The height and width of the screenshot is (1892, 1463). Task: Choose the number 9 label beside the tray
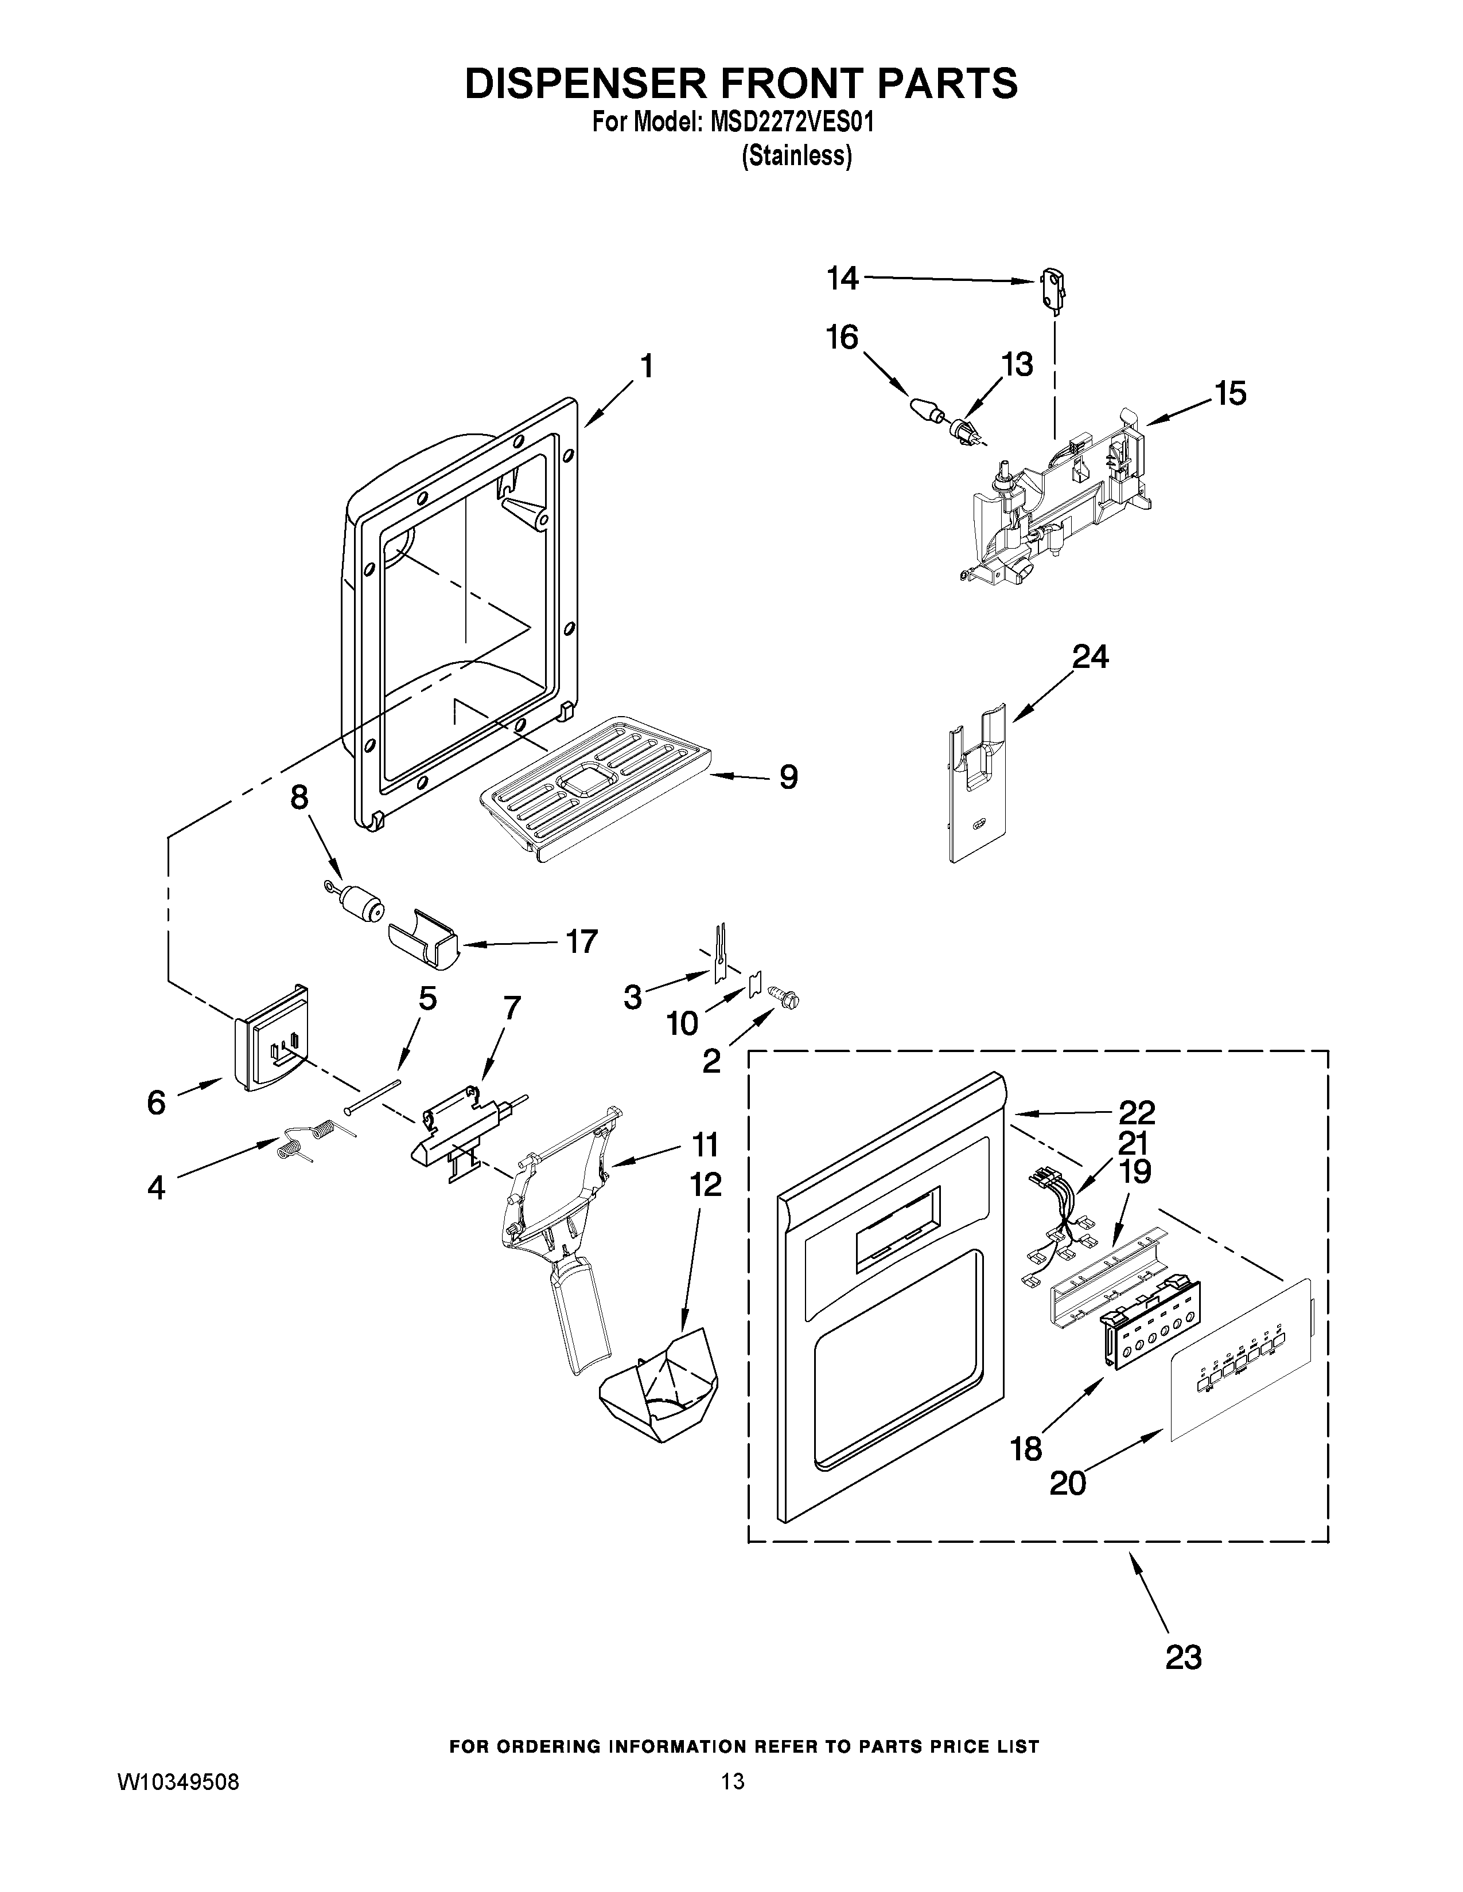pyautogui.click(x=788, y=777)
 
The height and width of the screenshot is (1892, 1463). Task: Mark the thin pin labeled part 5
pyautogui.click(x=373, y=1096)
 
